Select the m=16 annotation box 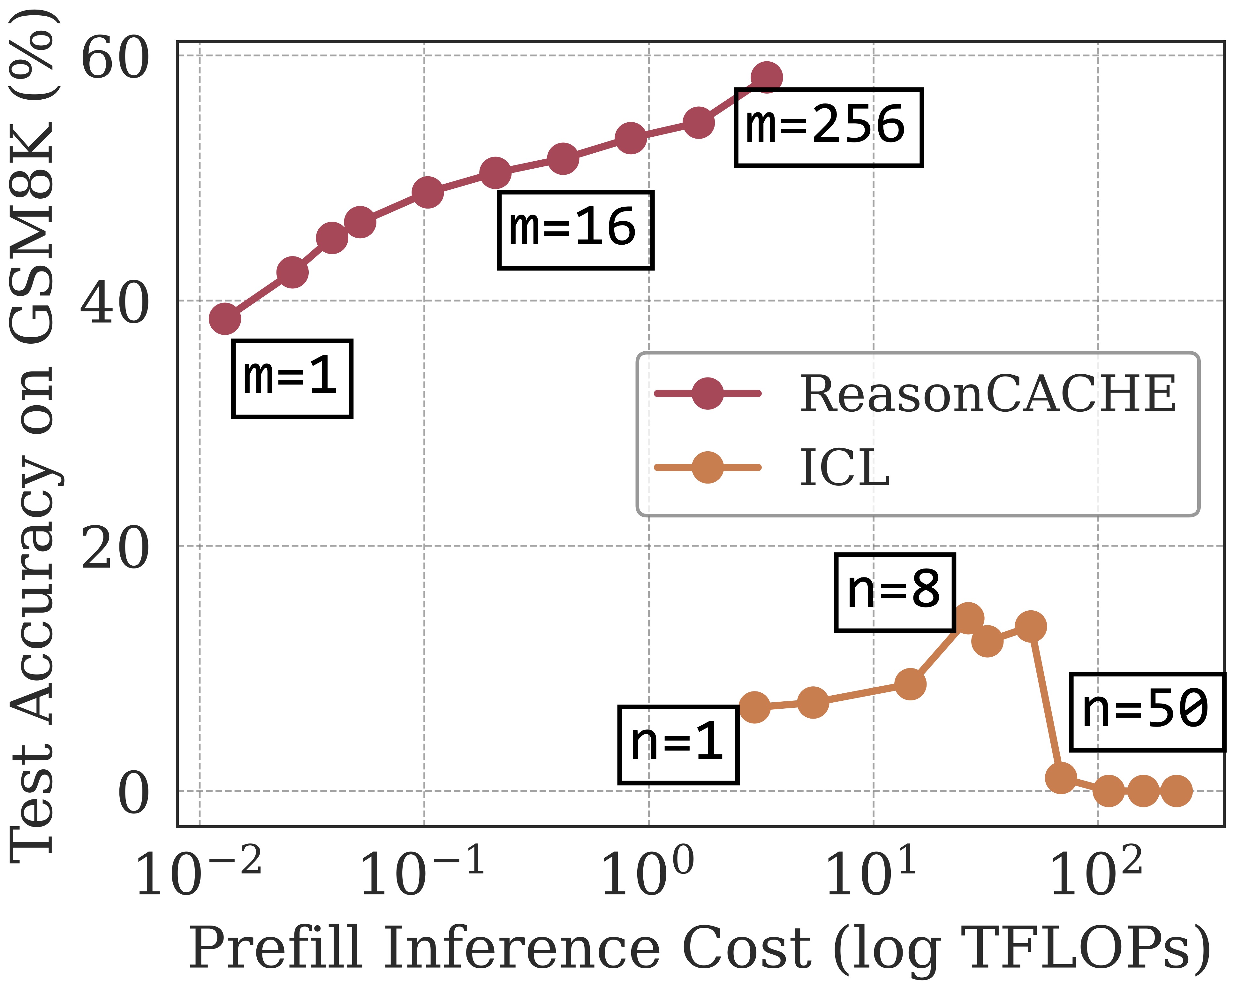pyautogui.click(x=575, y=230)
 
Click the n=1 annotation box pyautogui.click(x=678, y=745)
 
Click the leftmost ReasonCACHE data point pyautogui.click(x=225, y=319)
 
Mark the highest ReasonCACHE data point pyautogui.click(x=766, y=77)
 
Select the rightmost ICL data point pyautogui.click(x=1176, y=791)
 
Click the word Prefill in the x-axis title pyautogui.click(x=276, y=947)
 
